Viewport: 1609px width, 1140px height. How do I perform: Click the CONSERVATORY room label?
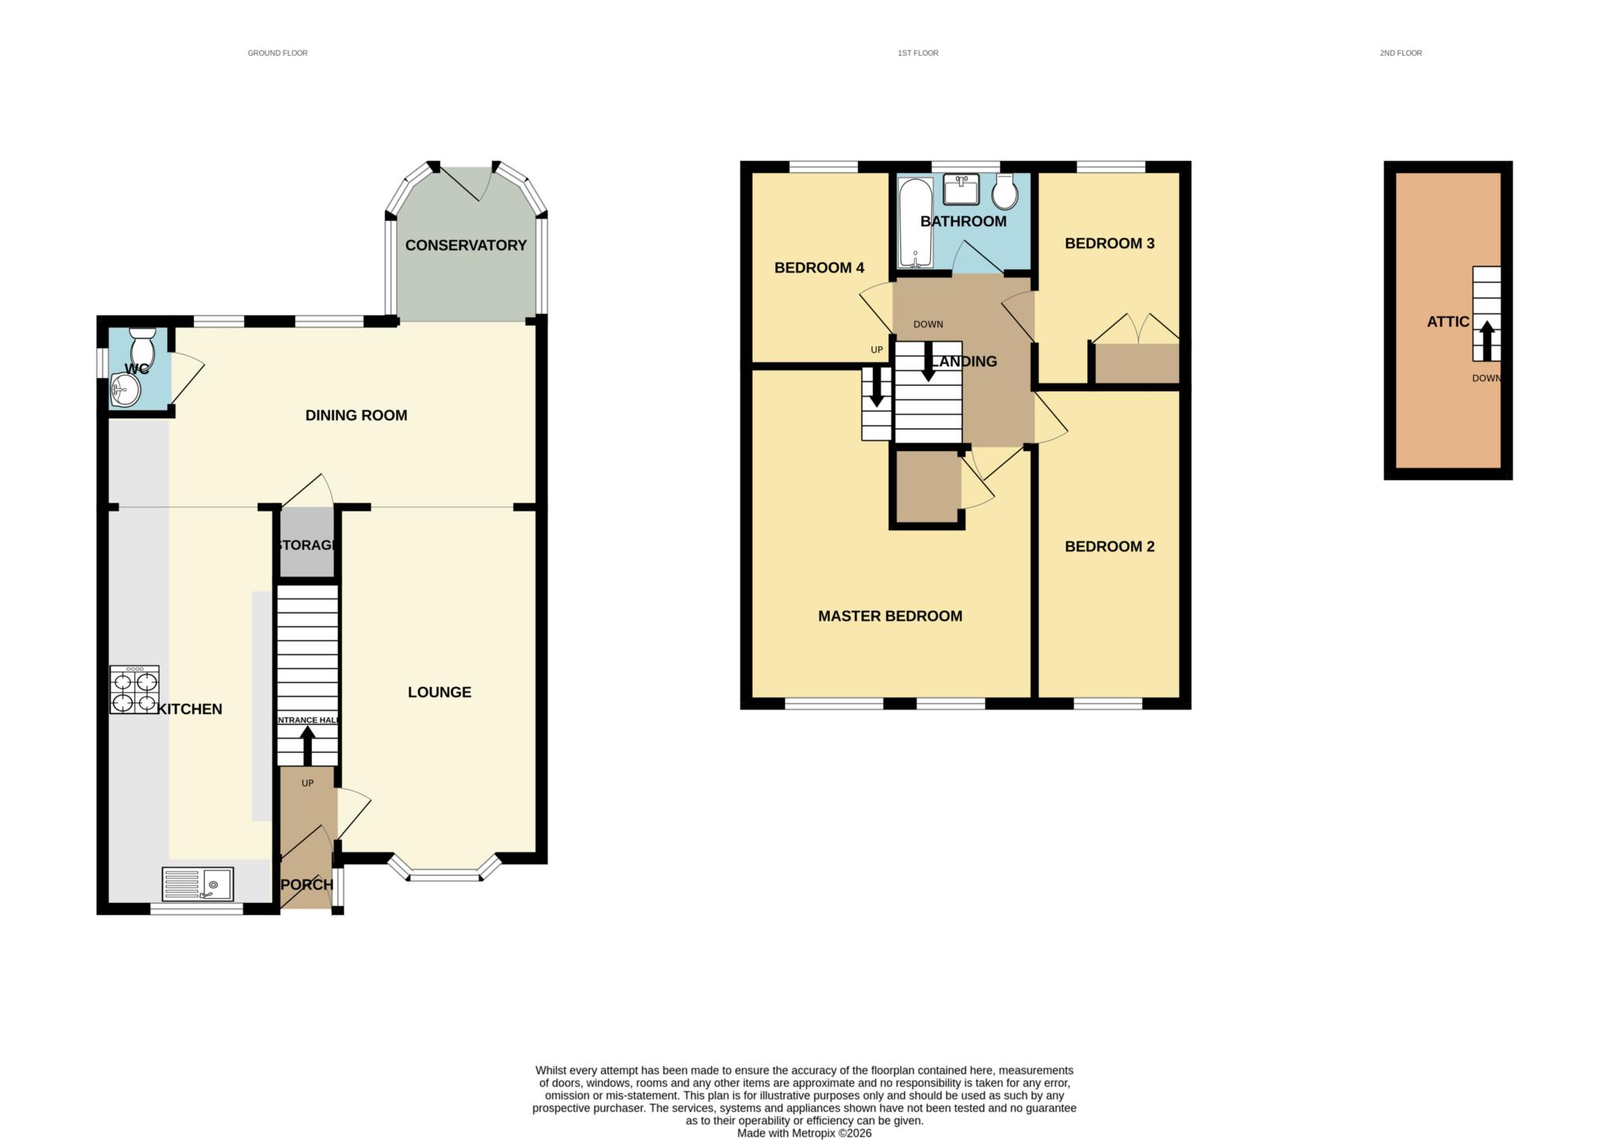pos(466,245)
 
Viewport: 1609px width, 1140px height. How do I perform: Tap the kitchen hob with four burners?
pos(134,690)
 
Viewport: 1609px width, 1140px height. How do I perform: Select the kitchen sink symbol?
pos(197,884)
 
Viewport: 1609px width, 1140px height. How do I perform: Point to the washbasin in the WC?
pos(125,388)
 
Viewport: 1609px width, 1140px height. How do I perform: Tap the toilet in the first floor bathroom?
pos(1005,191)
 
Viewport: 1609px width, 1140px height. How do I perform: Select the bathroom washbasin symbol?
pos(961,189)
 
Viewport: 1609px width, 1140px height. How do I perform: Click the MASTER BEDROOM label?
pos(890,616)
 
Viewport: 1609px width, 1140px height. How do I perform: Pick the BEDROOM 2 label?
pos(1109,546)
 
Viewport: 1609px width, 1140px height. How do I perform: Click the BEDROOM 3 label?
pos(1109,244)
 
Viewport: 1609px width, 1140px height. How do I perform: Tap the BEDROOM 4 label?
pos(819,268)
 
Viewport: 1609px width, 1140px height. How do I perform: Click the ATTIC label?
pos(1448,321)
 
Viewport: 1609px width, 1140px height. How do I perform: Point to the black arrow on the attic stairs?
pos(1486,340)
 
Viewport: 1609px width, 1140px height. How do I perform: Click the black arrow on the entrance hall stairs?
pos(307,745)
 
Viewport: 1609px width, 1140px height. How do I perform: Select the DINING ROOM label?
pos(356,415)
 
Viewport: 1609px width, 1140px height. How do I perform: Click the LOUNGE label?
pos(439,692)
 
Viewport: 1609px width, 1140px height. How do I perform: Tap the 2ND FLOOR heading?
pos(1401,53)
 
